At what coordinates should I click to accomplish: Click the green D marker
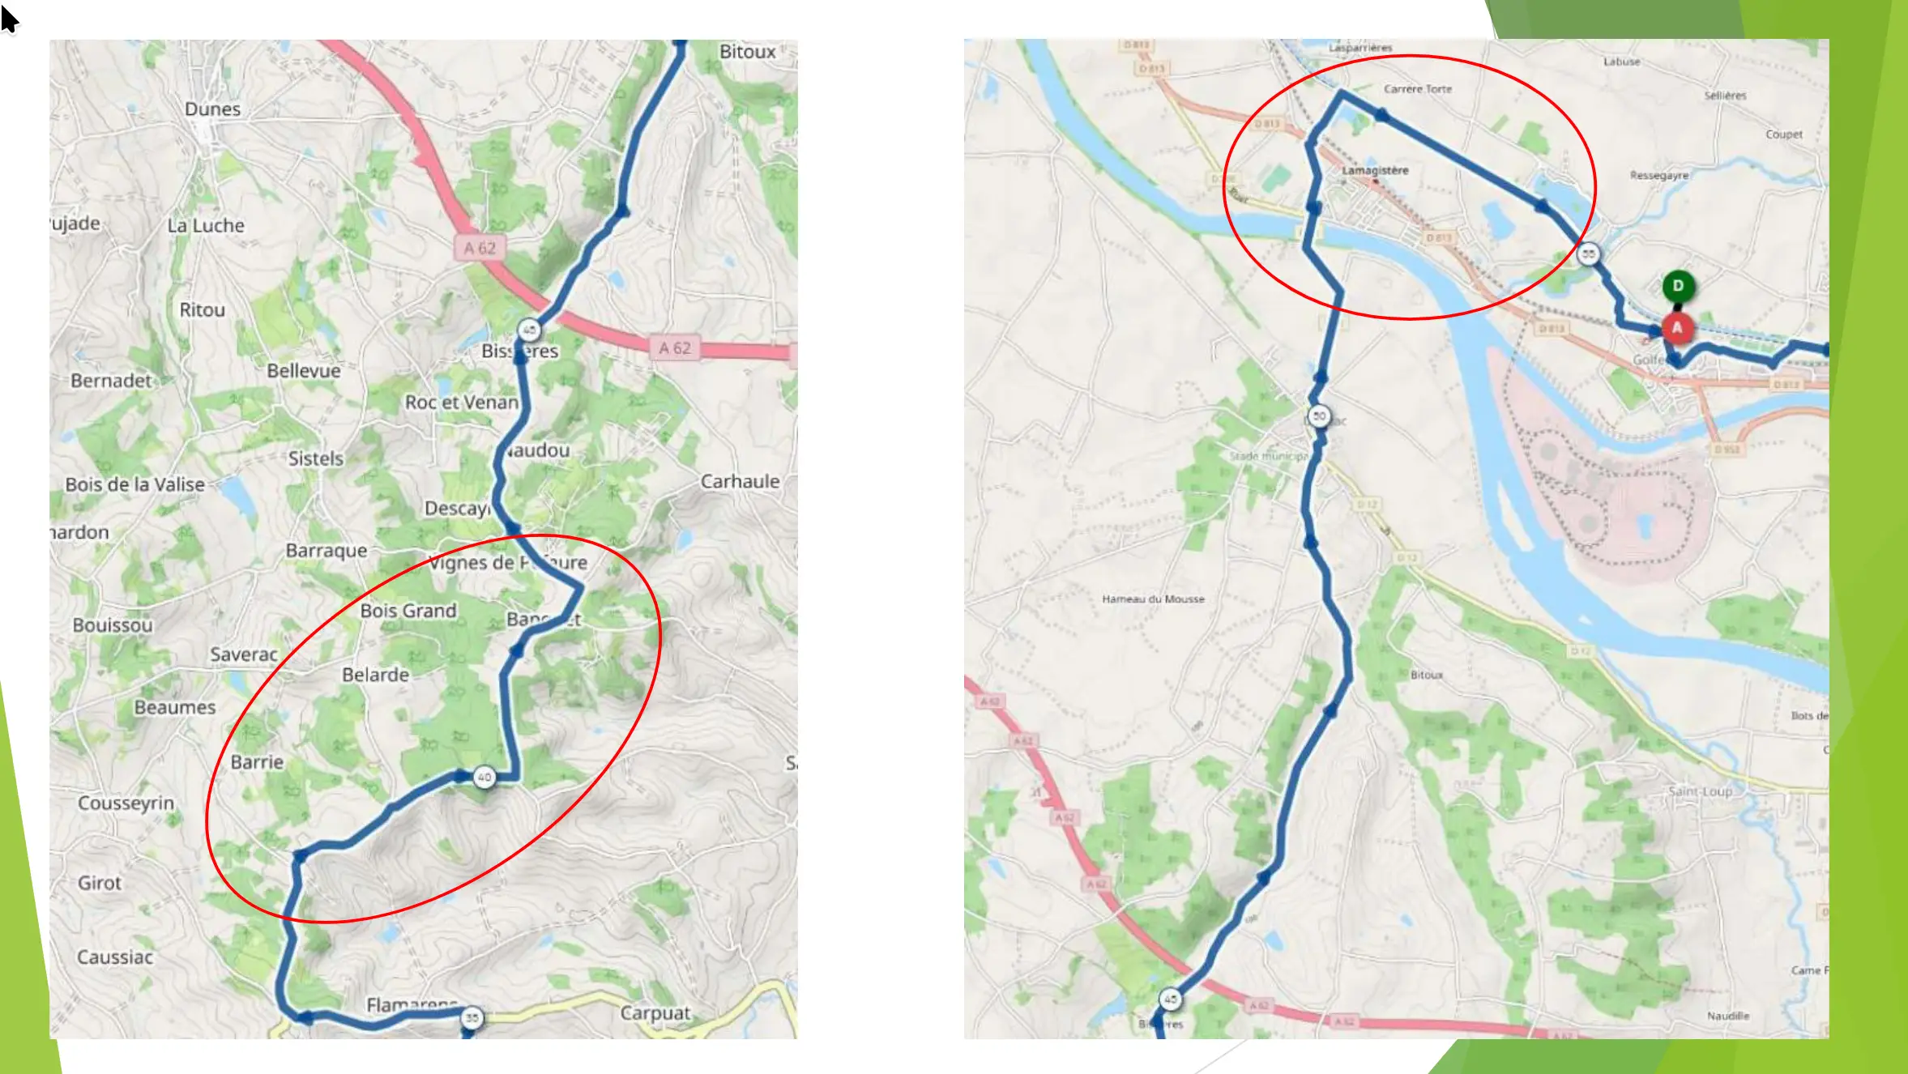click(x=1678, y=286)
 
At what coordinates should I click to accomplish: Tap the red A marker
click(x=1677, y=328)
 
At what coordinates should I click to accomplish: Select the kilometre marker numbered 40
click(x=484, y=777)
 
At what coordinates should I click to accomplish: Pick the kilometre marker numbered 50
click(x=1319, y=416)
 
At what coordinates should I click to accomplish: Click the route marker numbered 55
click(x=1588, y=254)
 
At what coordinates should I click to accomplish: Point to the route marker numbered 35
click(x=472, y=1017)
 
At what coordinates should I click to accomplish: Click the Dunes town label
click(x=212, y=109)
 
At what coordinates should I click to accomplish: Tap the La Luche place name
click(x=206, y=226)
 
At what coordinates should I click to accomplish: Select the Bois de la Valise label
click(x=134, y=484)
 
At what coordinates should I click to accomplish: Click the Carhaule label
click(x=740, y=481)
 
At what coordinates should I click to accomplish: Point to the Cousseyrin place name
click(x=126, y=803)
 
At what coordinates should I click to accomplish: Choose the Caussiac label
click(x=115, y=957)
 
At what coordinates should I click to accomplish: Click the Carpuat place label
click(x=655, y=1013)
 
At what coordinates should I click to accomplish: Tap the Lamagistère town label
click(x=1375, y=170)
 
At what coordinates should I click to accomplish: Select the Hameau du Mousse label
click(x=1153, y=599)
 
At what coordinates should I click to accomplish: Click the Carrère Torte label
click(x=1417, y=89)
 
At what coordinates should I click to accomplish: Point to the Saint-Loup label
click(x=1700, y=791)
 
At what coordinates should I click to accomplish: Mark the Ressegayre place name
click(x=1658, y=176)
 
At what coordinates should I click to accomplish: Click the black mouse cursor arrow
click(x=9, y=19)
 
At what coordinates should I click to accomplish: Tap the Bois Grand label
click(x=408, y=611)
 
